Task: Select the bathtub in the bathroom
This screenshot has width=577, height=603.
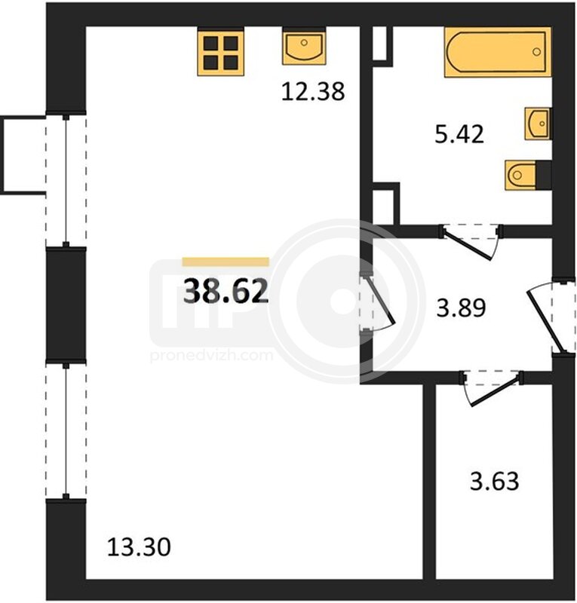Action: click(x=498, y=52)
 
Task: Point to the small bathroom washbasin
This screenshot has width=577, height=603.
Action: click(x=538, y=124)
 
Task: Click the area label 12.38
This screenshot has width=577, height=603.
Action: click(x=312, y=92)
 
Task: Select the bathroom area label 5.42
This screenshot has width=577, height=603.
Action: click(x=459, y=135)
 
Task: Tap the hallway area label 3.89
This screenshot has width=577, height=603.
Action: click(x=461, y=308)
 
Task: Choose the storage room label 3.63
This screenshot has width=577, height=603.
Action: click(x=494, y=481)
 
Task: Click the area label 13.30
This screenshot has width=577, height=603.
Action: click(x=139, y=547)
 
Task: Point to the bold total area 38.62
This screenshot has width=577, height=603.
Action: click(x=226, y=291)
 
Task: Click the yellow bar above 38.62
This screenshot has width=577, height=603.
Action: click(x=226, y=262)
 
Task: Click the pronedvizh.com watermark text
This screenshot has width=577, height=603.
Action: click(x=211, y=355)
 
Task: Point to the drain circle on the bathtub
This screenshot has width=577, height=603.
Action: click(x=536, y=52)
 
